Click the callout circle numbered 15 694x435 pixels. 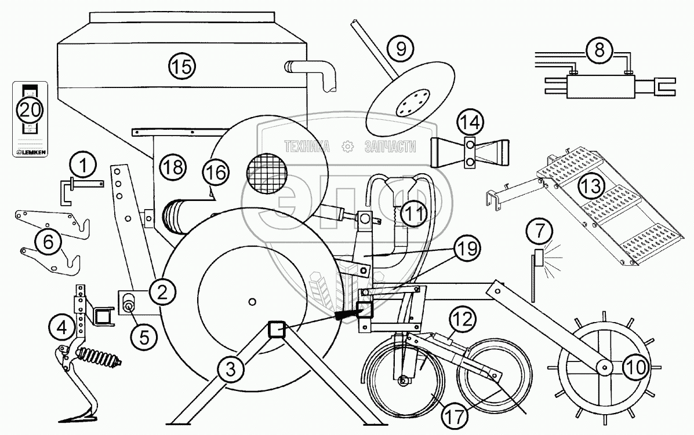point(182,65)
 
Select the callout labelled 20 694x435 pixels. point(29,109)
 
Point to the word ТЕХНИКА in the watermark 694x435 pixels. point(307,147)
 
